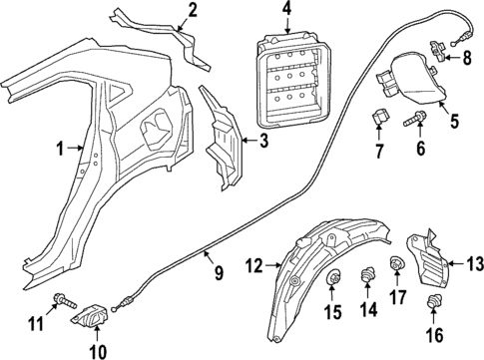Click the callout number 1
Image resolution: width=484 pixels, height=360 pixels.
pos(60,150)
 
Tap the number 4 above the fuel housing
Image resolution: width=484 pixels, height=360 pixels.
pos(285,11)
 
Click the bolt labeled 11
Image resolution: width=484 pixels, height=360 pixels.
pos(63,299)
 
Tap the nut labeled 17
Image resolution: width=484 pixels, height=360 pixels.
pos(396,264)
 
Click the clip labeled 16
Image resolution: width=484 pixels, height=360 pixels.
pos(432,303)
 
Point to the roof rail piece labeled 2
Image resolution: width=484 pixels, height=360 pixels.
pos(170,38)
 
